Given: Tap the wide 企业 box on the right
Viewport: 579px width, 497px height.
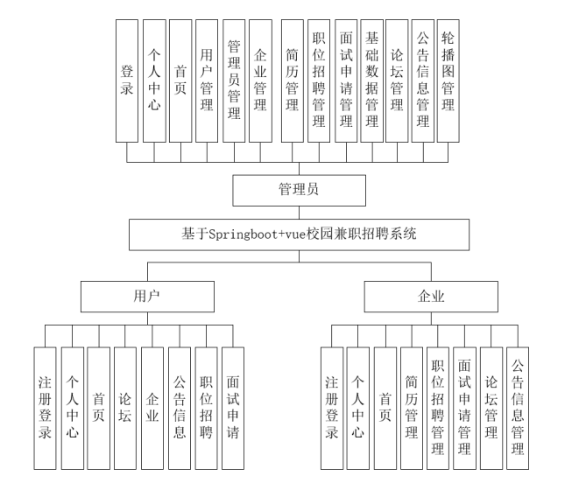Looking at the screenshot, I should click(430, 296).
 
